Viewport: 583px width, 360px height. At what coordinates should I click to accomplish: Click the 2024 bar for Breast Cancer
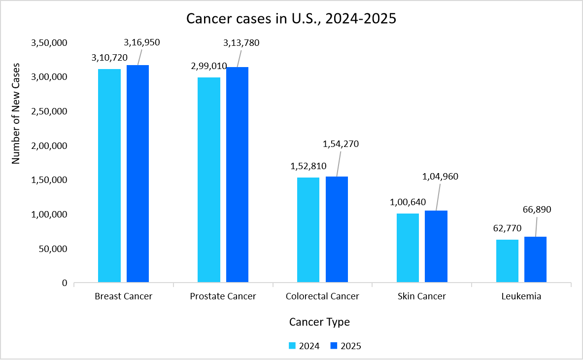click(x=109, y=176)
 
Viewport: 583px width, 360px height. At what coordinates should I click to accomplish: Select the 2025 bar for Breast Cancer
click(x=137, y=174)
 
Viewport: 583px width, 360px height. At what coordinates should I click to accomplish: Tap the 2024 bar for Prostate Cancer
click(x=209, y=180)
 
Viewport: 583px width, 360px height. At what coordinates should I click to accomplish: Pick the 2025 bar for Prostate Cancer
click(x=237, y=175)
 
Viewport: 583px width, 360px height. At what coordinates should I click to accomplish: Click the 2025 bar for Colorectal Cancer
click(x=337, y=229)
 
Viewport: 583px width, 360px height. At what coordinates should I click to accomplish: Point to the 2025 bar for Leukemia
click(x=535, y=259)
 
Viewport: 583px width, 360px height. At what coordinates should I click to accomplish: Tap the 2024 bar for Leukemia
click(x=507, y=261)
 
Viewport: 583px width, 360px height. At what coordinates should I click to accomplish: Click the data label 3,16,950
click(x=142, y=42)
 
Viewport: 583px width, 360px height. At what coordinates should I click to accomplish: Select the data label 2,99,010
click(x=209, y=66)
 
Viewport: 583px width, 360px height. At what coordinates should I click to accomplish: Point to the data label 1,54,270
click(x=341, y=144)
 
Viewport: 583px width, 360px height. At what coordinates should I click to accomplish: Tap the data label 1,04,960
click(x=441, y=177)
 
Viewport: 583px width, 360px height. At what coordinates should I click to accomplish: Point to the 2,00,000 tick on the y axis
click(x=49, y=146)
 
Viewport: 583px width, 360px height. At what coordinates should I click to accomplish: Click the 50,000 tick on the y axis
click(x=54, y=249)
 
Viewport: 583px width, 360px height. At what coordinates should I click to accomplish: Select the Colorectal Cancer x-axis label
click(x=322, y=296)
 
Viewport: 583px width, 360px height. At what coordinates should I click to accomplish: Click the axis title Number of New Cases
click(x=16, y=113)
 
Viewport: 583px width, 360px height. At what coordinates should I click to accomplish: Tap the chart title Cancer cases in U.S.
click(x=291, y=19)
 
